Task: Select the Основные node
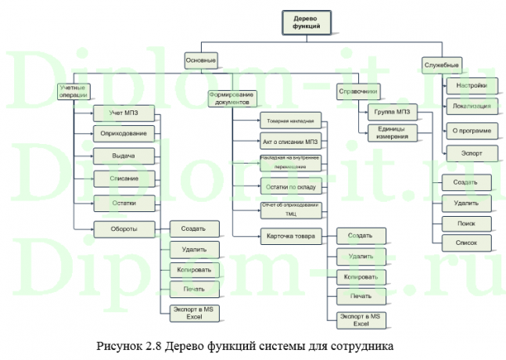[x=200, y=60]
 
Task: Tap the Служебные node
[x=441, y=63]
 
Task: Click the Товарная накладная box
[x=290, y=122]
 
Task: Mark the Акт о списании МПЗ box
[x=290, y=142]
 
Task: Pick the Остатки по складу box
[x=290, y=186]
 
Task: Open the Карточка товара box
[x=290, y=235]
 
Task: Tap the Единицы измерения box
[x=392, y=132]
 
